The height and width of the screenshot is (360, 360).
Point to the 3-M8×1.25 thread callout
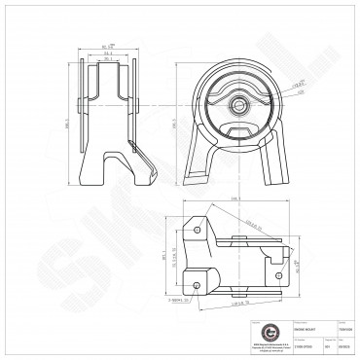177,300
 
